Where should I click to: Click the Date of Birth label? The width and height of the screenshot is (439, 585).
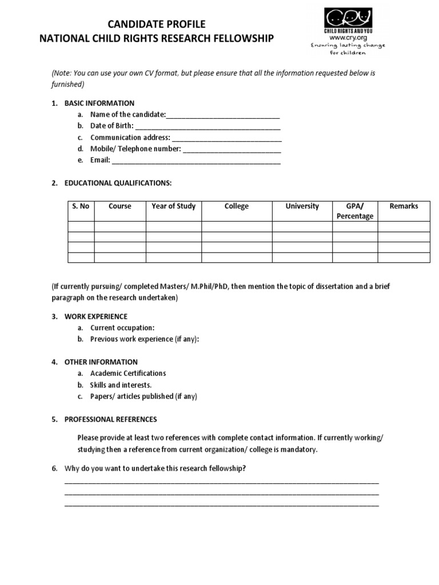[x=111, y=126]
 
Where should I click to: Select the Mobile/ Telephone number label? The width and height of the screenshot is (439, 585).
[x=135, y=149]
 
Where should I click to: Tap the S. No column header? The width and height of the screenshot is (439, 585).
[x=81, y=206]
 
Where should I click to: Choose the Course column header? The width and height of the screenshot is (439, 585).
[x=120, y=206]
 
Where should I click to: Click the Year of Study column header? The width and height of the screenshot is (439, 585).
[x=173, y=206]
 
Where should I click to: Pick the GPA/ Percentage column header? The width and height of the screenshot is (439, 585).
[x=354, y=211]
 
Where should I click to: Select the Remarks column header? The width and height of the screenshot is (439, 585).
[x=404, y=206]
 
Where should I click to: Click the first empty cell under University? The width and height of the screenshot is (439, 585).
[x=302, y=227]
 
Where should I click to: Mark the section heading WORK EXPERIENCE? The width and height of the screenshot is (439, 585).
[x=95, y=316]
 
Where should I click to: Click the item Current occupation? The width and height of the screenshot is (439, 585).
[x=122, y=328]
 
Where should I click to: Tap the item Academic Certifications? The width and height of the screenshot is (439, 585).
[x=128, y=374]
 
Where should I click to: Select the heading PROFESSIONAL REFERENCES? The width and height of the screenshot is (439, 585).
[x=110, y=419]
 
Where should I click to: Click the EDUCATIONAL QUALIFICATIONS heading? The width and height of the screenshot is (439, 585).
[x=118, y=183]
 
